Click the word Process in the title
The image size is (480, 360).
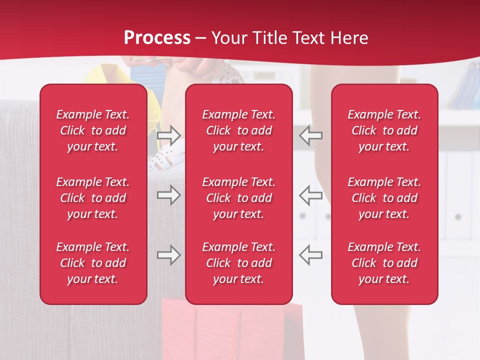(x=157, y=38)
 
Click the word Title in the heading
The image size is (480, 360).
(x=268, y=38)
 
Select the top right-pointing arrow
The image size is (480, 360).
(x=168, y=135)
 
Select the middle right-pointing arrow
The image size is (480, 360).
(x=168, y=195)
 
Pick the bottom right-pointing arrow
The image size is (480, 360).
(x=168, y=255)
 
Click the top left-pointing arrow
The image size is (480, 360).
(x=311, y=135)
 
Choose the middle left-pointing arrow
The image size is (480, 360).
(x=311, y=195)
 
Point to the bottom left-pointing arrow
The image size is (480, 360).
(x=311, y=255)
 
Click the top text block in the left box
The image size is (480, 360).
(x=93, y=130)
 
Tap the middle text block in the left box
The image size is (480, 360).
(x=93, y=198)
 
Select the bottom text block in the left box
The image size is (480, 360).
(x=93, y=263)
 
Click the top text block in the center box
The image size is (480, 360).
(x=238, y=130)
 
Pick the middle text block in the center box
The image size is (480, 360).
(x=238, y=198)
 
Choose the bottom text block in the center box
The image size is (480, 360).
(x=238, y=263)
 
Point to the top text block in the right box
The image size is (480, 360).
(x=384, y=130)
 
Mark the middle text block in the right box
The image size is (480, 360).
(x=384, y=198)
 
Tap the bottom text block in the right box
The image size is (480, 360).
(x=384, y=263)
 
